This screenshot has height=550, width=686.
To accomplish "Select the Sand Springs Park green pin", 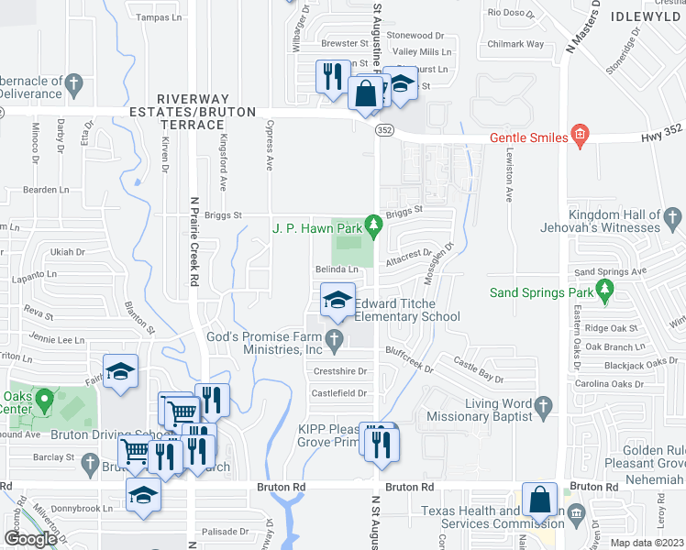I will point(604,291).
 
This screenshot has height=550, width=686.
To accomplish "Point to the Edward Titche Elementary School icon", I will point(337,301).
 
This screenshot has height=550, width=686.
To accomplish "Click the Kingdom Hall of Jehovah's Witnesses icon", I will point(673,218).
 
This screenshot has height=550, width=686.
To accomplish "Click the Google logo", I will point(30,539).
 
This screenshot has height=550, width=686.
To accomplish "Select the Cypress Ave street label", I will point(270,146).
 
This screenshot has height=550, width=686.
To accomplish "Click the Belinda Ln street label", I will point(337,269).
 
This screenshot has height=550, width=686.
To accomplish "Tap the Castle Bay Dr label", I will point(479,371).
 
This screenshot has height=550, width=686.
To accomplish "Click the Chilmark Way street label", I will point(516,44).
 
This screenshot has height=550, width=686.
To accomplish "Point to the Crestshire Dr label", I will point(340,371).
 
